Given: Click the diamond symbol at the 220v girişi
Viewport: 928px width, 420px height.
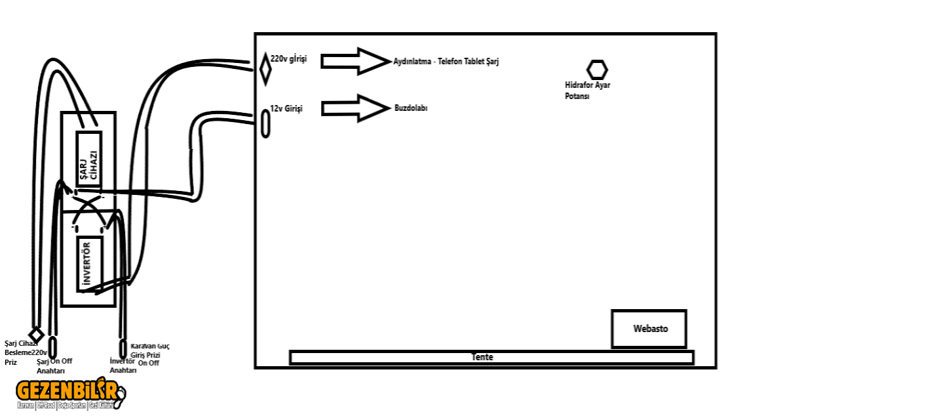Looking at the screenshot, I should click(265, 69).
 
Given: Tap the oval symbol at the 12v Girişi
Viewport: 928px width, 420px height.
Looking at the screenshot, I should click(265, 123).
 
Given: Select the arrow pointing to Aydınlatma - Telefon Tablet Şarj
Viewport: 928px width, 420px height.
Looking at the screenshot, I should click(355, 61).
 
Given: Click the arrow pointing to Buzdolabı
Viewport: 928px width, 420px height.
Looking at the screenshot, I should click(355, 108).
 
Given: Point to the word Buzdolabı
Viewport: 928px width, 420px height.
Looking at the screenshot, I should click(411, 108).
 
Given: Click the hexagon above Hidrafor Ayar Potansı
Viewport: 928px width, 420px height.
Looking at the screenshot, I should click(597, 70).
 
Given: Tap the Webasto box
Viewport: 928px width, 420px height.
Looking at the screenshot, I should click(649, 329).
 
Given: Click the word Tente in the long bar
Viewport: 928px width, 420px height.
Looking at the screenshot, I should click(482, 358).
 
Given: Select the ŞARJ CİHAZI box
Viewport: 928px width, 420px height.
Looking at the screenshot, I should click(88, 160).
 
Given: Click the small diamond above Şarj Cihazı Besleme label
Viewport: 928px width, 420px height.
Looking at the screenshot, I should click(36, 334).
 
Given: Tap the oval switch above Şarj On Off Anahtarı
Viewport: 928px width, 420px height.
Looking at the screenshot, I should click(53, 346).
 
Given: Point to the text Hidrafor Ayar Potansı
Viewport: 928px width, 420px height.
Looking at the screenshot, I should click(587, 91).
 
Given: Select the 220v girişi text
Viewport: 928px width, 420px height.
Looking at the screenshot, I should click(288, 59).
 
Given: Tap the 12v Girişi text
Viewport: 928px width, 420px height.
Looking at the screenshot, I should click(286, 108).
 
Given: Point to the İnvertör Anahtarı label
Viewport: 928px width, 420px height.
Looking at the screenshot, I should click(123, 366).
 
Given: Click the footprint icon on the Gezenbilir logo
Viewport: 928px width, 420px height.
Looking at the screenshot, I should click(121, 394).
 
